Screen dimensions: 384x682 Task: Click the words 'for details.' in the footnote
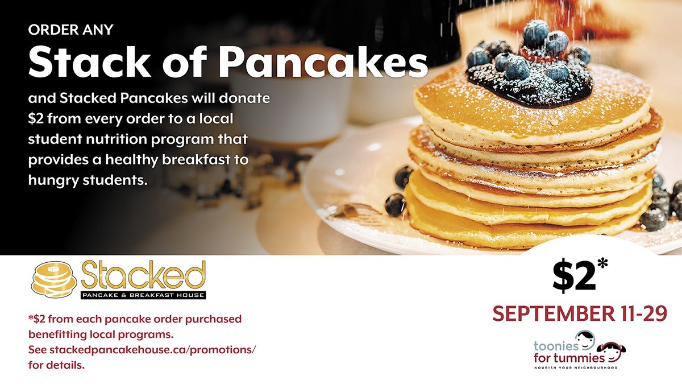pos(56,365)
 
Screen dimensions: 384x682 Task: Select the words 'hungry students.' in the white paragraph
pos(88,180)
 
